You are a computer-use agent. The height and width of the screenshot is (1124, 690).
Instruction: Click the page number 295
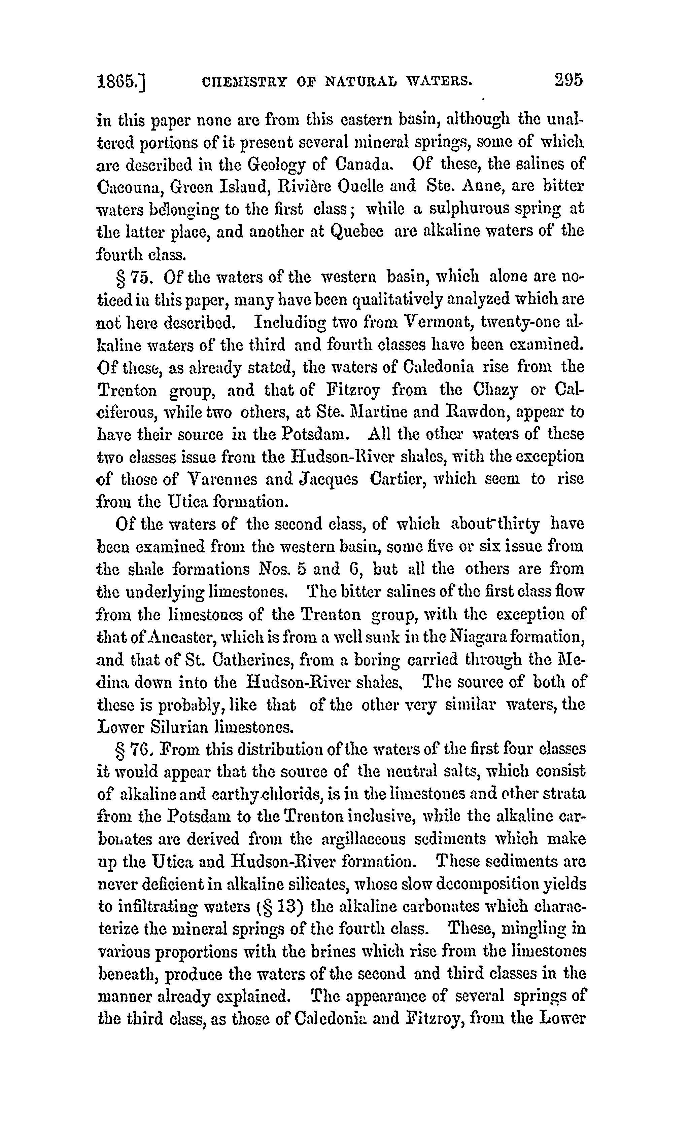(x=568, y=81)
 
